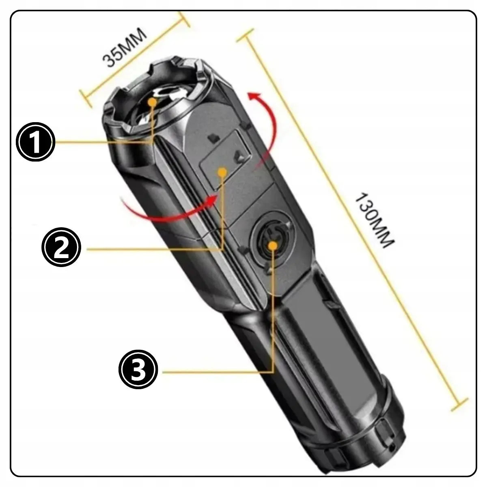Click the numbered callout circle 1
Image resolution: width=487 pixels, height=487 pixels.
click(x=35, y=142)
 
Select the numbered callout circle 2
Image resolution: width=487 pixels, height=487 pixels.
click(x=61, y=247)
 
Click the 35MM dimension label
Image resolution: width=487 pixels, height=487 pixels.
click(x=124, y=48)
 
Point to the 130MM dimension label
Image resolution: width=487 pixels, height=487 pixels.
click(x=375, y=220)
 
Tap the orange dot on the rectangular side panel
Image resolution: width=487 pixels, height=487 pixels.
click(x=222, y=172)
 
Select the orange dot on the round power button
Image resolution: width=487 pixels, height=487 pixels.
click(x=272, y=245)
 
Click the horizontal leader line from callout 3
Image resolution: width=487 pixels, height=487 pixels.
click(x=218, y=372)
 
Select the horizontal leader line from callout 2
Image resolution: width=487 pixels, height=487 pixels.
click(x=155, y=250)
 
